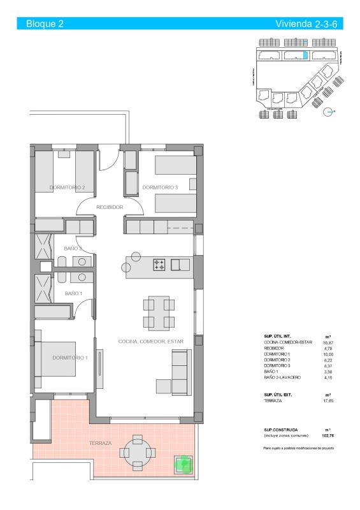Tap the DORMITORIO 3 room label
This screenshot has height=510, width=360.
[160, 187]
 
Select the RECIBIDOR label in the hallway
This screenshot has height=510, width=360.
[109, 207]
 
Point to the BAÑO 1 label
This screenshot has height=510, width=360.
[74, 293]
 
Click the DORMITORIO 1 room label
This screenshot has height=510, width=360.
[70, 358]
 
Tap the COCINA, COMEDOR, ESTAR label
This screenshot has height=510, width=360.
[151, 342]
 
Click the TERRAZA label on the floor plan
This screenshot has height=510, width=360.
[101, 442]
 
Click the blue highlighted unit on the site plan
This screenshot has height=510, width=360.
[305, 55]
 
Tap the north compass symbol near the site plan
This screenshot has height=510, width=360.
[329, 112]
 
